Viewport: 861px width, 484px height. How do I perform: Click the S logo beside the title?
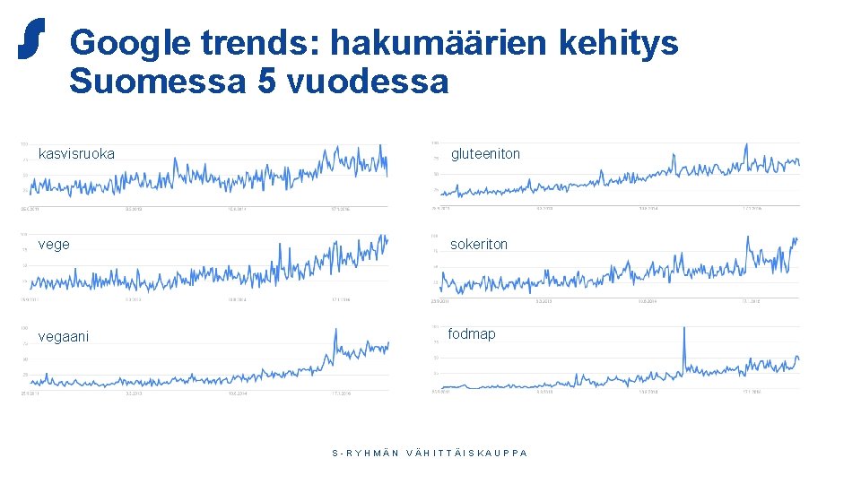coord(31,39)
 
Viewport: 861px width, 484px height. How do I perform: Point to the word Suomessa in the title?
coord(157,82)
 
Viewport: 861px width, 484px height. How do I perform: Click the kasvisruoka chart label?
coord(76,154)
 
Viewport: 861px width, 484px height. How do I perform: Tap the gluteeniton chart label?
coord(485,154)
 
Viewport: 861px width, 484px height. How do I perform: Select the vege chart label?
coord(54,244)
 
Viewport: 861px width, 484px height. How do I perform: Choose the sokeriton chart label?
coord(479,244)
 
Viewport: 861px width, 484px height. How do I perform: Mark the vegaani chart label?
coord(64,336)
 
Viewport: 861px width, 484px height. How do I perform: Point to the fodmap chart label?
coord(472,334)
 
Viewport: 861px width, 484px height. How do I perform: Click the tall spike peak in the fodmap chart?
coord(684,329)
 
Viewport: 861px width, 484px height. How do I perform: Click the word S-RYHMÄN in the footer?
coord(366,453)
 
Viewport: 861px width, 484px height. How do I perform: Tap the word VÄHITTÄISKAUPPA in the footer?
coord(467,453)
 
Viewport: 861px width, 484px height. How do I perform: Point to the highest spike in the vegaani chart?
coord(335,330)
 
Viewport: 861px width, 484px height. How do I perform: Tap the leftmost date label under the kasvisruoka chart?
coord(30,210)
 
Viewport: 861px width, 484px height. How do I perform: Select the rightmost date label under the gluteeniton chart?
coord(750,210)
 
